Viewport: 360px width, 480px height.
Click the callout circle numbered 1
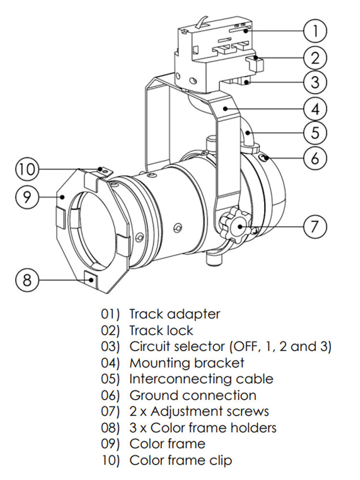pos(315,31)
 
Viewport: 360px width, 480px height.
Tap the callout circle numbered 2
pos(315,58)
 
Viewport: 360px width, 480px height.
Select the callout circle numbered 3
pos(315,82)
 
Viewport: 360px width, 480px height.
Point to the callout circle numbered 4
pos(315,109)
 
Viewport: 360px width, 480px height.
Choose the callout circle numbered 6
pos(315,157)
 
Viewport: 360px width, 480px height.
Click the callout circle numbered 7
pos(315,226)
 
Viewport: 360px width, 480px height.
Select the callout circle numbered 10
pos(27,169)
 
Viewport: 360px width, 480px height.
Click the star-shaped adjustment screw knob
pos(235,224)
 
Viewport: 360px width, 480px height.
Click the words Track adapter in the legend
pos(175,314)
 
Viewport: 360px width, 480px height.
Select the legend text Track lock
pos(161,331)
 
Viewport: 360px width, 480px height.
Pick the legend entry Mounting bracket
pos(187,363)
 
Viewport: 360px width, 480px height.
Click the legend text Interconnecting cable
pos(201,379)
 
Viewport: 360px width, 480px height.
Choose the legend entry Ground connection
pos(192,396)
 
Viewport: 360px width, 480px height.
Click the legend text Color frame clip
pos(180,461)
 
